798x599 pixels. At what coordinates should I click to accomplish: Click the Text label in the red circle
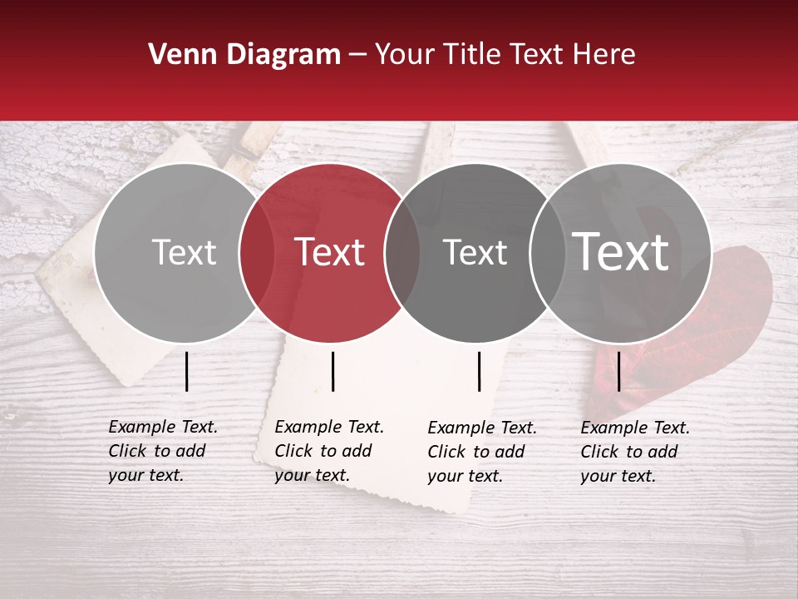point(330,252)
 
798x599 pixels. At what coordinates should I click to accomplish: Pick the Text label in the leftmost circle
point(184,252)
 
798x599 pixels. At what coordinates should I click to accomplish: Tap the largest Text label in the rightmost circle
point(621,251)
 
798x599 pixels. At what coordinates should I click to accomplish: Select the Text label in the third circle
point(475,252)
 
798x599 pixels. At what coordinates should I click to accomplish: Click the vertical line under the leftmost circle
point(187,371)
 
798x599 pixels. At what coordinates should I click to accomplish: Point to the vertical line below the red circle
point(332,371)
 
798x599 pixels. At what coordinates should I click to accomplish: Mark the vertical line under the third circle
point(480,371)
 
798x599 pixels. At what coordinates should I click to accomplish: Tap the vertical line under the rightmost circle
point(619,371)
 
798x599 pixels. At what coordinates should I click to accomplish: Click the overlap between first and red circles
point(257,253)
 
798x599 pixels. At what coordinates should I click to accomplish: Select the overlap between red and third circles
point(402,253)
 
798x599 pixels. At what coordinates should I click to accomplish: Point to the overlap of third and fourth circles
point(547,253)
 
